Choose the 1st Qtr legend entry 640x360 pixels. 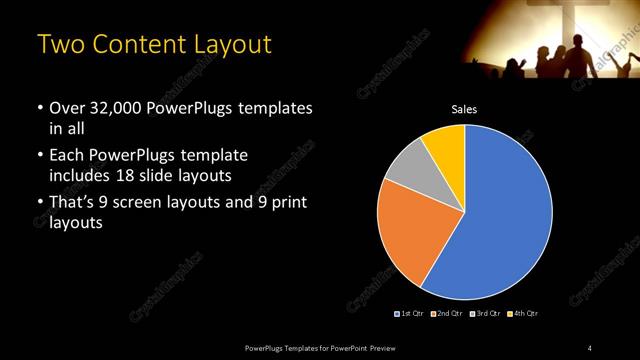[410, 314]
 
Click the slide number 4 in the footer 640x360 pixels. [590, 347]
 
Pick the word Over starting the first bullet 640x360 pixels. [68, 107]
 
